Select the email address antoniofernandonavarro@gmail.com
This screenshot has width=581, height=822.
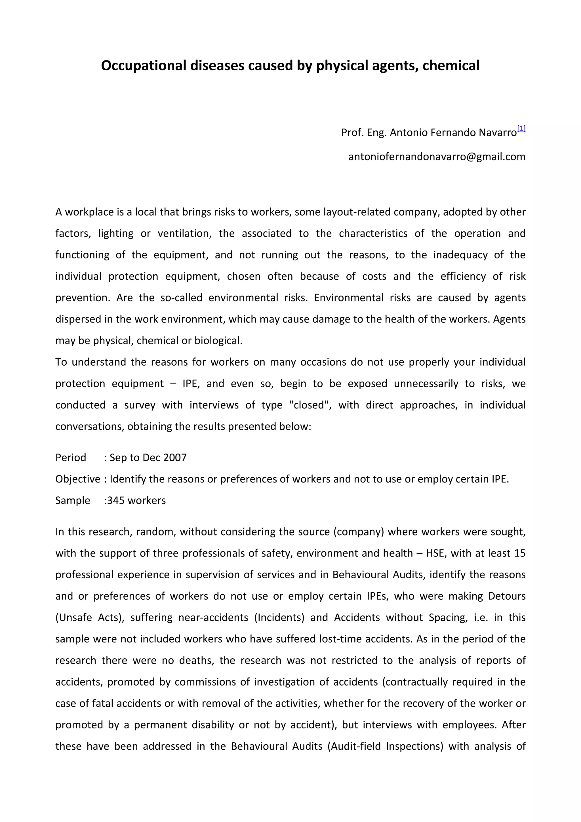tap(437, 157)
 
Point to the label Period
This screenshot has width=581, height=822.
tap(71, 458)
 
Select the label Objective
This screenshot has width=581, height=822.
tap(78, 479)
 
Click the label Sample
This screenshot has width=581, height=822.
tap(73, 501)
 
